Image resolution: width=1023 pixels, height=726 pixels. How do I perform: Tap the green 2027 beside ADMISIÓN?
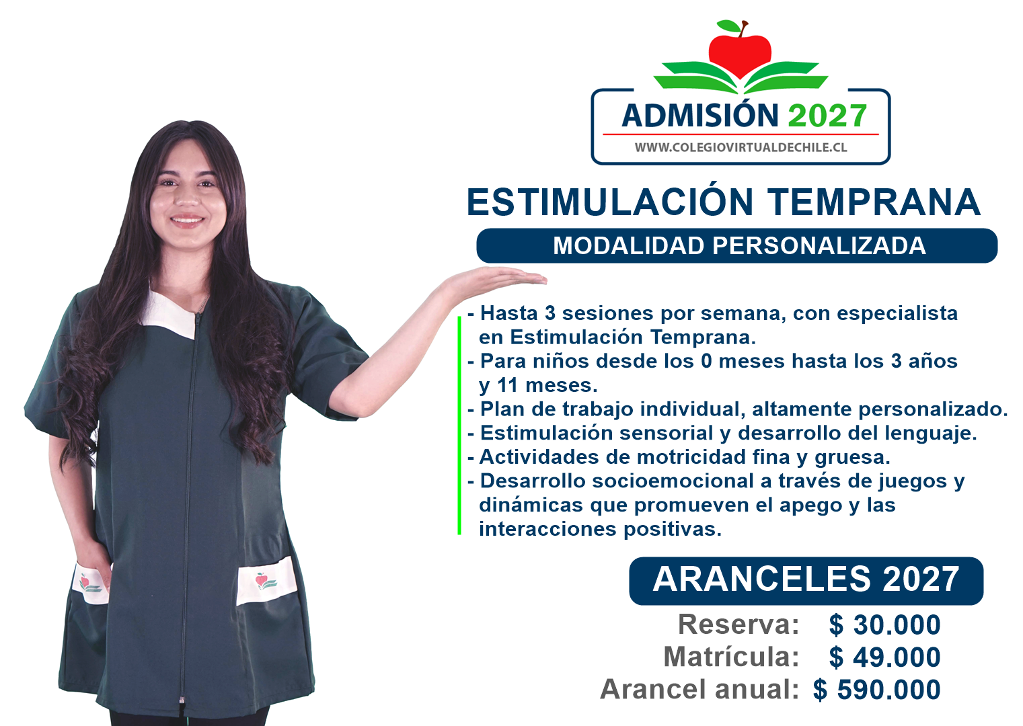pyautogui.click(x=827, y=116)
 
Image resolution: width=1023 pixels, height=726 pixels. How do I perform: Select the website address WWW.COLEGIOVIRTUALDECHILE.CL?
pyautogui.click(x=741, y=147)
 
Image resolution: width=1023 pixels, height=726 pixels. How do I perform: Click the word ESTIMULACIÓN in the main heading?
pyautogui.click(x=609, y=202)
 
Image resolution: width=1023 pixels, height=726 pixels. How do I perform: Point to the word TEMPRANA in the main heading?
pyautogui.click(x=873, y=202)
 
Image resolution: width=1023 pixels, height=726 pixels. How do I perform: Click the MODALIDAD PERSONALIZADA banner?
pyautogui.click(x=736, y=246)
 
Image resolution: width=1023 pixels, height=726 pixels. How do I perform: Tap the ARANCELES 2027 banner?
pyautogui.click(x=806, y=580)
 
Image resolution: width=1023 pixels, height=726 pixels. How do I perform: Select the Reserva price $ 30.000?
pyautogui.click(x=884, y=624)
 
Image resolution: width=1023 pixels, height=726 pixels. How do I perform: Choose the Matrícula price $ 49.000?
pyautogui.click(x=884, y=657)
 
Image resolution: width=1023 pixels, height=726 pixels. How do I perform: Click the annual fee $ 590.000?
pyautogui.click(x=876, y=690)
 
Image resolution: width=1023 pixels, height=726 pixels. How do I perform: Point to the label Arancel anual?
pyautogui.click(x=699, y=689)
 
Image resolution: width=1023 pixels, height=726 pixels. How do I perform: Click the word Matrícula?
pyautogui.click(x=731, y=657)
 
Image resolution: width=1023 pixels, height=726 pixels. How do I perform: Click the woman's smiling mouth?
pyautogui.click(x=187, y=220)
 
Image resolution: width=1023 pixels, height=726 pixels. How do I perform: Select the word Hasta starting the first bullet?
pyautogui.click(x=508, y=313)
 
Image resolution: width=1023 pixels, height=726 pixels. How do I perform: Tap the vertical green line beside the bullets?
pyautogui.click(x=459, y=426)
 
